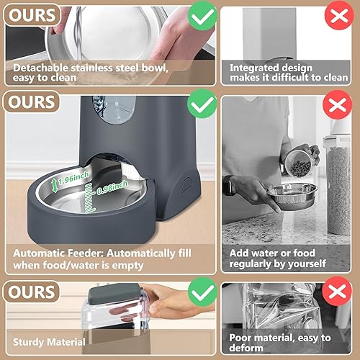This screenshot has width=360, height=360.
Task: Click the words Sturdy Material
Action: [x=49, y=342]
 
